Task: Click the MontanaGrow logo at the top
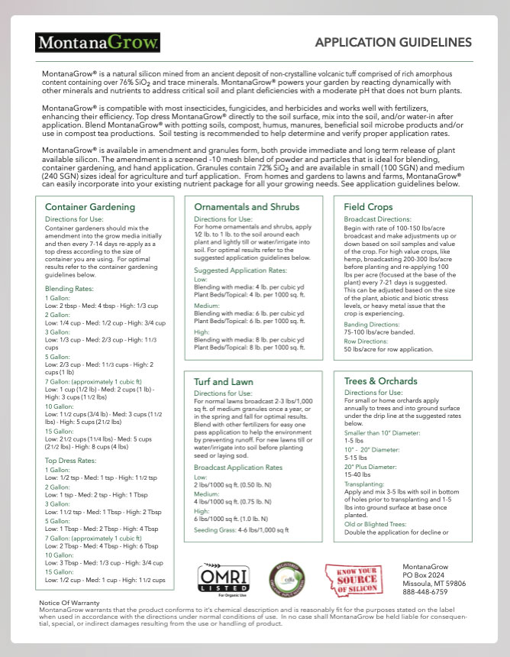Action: tap(98, 41)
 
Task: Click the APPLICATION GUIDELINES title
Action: tap(393, 42)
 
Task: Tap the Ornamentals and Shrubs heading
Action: tap(247, 207)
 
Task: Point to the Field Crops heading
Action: tap(369, 207)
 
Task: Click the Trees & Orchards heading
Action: tap(381, 380)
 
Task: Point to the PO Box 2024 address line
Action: tap(424, 574)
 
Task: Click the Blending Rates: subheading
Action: tap(69, 289)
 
